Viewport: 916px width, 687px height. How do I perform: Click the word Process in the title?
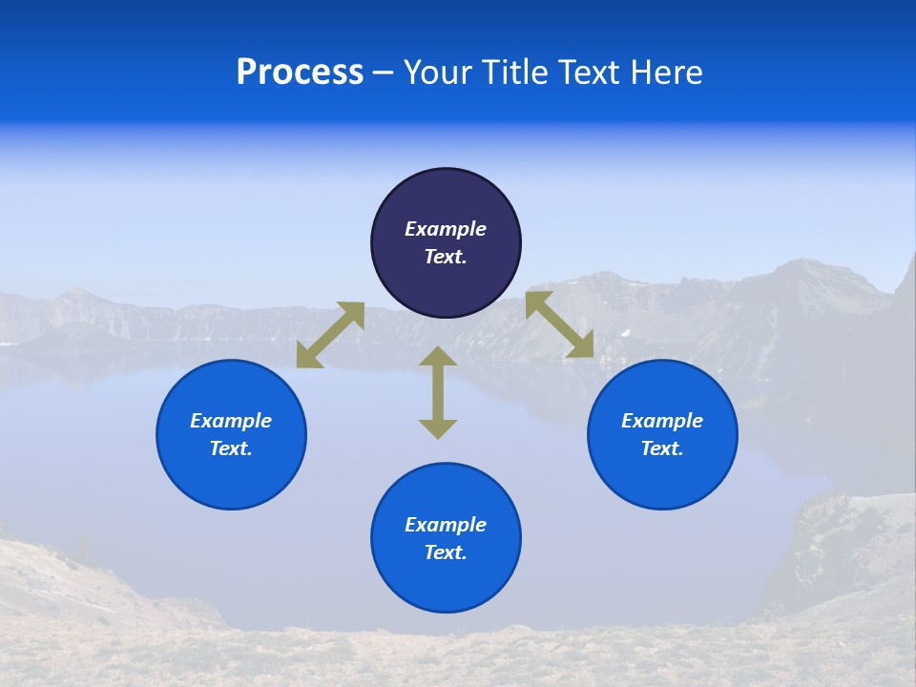click(x=300, y=73)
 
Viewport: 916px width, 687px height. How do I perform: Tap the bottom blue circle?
click(x=446, y=582)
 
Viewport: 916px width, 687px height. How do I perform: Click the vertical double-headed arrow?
click(x=438, y=392)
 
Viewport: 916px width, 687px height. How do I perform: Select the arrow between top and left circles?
click(x=330, y=335)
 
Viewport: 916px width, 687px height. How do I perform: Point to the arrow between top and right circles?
click(x=559, y=325)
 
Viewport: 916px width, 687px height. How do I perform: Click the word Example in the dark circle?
click(x=446, y=229)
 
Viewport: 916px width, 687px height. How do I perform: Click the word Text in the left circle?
click(x=231, y=448)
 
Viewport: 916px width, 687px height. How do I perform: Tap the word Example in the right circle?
click(x=662, y=421)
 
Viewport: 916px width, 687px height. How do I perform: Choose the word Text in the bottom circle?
click(x=446, y=552)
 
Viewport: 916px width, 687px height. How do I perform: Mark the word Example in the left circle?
click(x=231, y=421)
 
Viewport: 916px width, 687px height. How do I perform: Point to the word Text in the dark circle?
click(x=446, y=257)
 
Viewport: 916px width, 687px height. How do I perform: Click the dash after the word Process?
click(x=384, y=73)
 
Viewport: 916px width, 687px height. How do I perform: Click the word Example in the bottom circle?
click(x=446, y=525)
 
